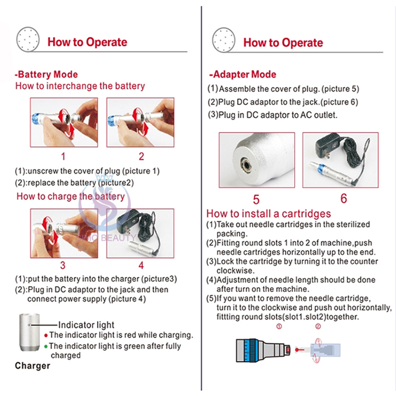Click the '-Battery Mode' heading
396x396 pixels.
coord(46,74)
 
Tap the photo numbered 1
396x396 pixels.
coord(63,122)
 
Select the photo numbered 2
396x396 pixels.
coord(140,122)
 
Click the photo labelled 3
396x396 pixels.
coord(63,233)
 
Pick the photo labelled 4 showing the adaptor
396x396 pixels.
coord(140,233)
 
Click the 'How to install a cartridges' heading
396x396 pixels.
coord(268,213)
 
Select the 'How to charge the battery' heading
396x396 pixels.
coord(71,196)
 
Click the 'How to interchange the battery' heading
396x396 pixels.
coord(80,86)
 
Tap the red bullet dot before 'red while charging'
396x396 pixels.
coord(46,335)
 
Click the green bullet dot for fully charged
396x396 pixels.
coord(46,347)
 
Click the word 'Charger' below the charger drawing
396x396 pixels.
coord(32,365)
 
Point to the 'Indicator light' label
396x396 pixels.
coord(86,325)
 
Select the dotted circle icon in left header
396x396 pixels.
coord(29,39)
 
